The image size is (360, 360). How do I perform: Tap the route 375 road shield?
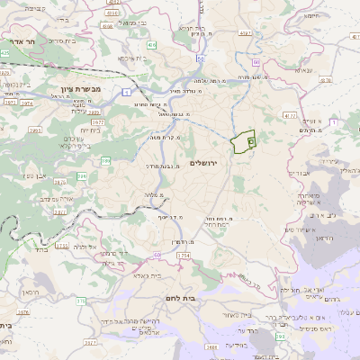click(81, 300)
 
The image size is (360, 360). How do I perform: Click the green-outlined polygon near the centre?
click(242, 142)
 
